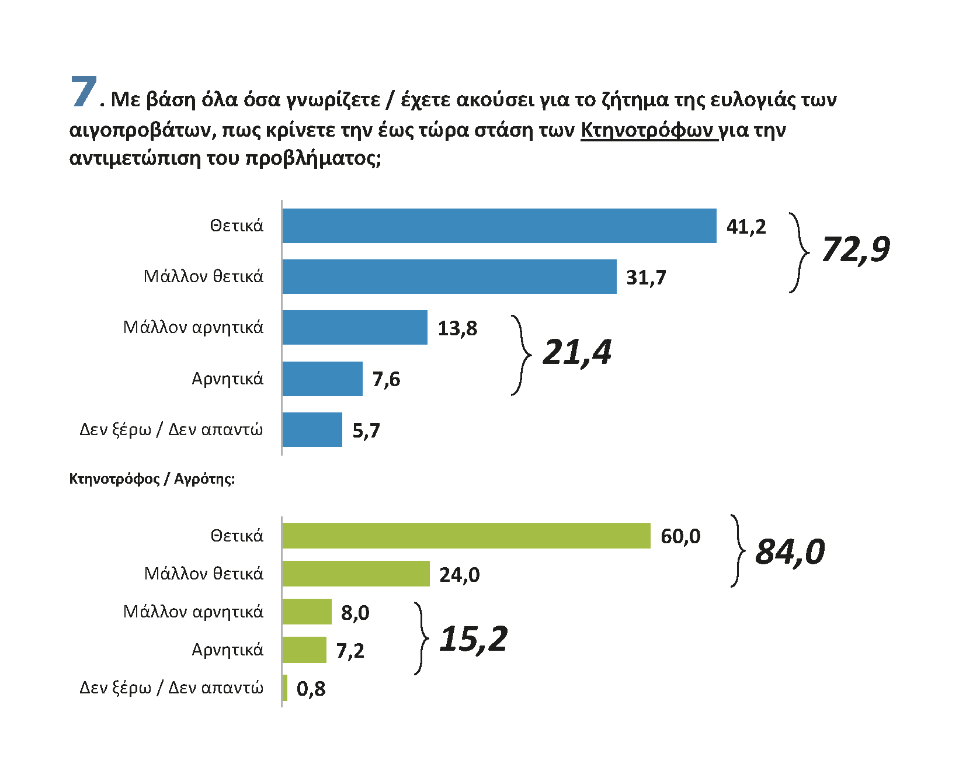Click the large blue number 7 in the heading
pos(84,92)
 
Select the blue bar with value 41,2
pos(499,225)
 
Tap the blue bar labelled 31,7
pos(449,276)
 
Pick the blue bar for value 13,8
pos(355,327)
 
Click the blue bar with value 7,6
pos(322,379)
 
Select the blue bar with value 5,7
pos(312,429)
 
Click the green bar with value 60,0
pos(466,536)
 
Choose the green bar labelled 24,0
pos(356,574)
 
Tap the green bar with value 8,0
pos(307,612)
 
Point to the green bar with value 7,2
pos(304,650)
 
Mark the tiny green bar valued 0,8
pos(285,688)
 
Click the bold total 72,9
pos(856,249)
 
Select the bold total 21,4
pos(577,352)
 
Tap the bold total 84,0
pos(790,552)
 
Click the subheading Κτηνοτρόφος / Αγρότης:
pos(152,479)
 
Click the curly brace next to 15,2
pos(422,638)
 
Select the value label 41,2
pos(746,227)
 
